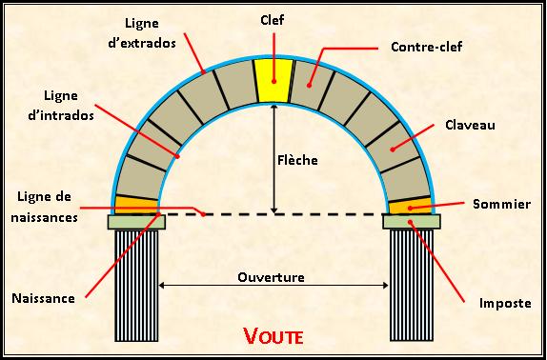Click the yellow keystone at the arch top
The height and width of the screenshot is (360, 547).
click(273, 80)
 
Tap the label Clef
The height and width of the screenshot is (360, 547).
click(273, 19)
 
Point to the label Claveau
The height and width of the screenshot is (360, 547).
click(468, 124)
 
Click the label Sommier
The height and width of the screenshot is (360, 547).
click(494, 205)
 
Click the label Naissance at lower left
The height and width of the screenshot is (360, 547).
click(44, 297)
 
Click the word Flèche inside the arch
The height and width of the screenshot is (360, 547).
click(297, 160)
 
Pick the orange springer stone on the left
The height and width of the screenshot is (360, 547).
click(136, 205)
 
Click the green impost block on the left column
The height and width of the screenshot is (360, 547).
click(136, 222)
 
